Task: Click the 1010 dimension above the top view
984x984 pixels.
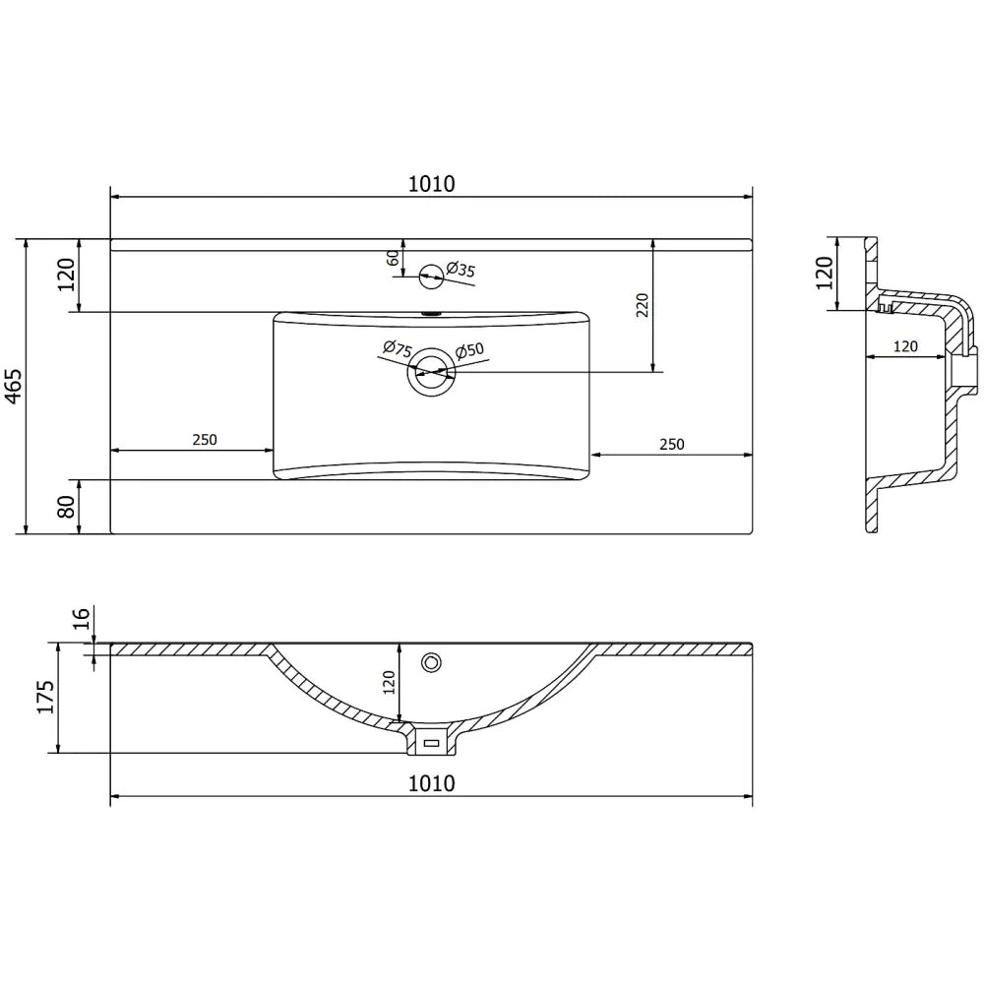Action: (430, 183)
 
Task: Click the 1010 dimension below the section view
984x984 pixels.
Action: (430, 783)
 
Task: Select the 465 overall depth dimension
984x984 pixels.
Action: (13, 386)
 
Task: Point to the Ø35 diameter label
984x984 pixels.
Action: (461, 270)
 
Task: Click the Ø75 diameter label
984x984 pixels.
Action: (396, 348)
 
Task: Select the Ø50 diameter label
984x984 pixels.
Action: (469, 351)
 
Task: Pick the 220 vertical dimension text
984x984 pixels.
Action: (642, 305)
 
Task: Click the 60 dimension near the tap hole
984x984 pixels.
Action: (393, 258)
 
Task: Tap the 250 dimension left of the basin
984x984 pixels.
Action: (204, 440)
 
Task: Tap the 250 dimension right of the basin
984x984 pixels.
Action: (670, 445)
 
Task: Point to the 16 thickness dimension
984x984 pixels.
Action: (82, 618)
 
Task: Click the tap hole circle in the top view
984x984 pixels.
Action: (431, 277)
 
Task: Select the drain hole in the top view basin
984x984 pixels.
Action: (430, 371)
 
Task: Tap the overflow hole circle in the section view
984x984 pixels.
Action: (430, 662)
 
